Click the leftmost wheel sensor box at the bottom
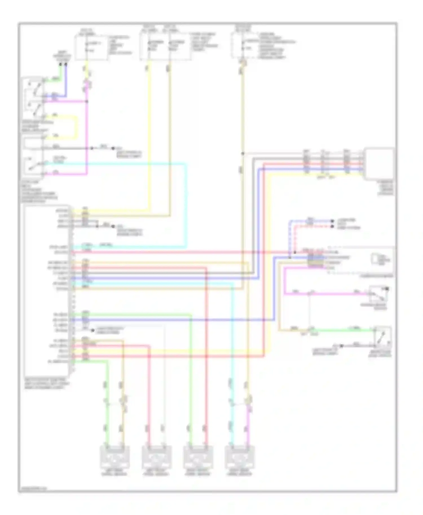[x=115, y=457]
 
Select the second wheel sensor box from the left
[x=157, y=457]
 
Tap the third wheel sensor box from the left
[x=198, y=457]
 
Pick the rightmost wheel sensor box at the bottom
[x=240, y=457]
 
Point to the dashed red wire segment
[x=295, y=237]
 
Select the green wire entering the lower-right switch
[x=344, y=330]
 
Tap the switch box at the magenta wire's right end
[x=380, y=294]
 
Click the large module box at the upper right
[x=380, y=163]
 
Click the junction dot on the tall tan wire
[x=243, y=154]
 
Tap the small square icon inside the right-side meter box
[x=375, y=259]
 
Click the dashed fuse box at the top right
[x=244, y=45]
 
